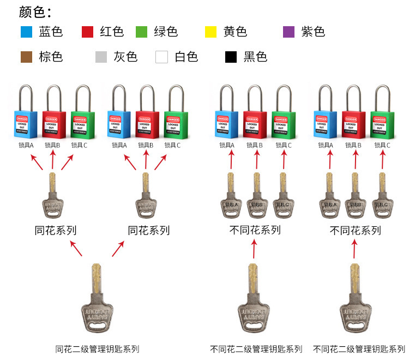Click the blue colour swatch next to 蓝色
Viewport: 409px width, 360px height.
click(x=26, y=32)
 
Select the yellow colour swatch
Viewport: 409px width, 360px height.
click(x=210, y=32)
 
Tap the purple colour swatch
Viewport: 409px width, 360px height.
click(x=289, y=32)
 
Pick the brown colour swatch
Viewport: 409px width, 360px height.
click(x=26, y=57)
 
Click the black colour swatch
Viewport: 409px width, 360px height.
click(x=231, y=57)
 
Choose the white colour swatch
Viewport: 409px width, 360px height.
click(x=161, y=57)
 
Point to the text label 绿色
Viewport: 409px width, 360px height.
click(x=166, y=32)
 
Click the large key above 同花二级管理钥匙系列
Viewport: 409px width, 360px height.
click(x=97, y=300)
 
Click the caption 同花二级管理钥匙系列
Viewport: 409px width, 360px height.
click(x=98, y=349)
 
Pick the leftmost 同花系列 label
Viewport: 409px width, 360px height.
click(x=56, y=230)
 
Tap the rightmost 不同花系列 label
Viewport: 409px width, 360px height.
click(x=355, y=230)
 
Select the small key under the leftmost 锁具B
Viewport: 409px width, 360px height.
click(x=52, y=196)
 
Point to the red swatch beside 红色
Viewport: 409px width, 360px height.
click(x=87, y=32)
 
